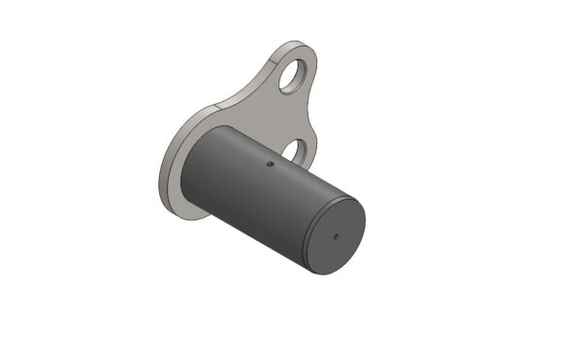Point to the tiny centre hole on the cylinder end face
click(x=336, y=235)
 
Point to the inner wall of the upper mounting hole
click(x=287, y=74)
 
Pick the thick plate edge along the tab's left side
click(x=258, y=74)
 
